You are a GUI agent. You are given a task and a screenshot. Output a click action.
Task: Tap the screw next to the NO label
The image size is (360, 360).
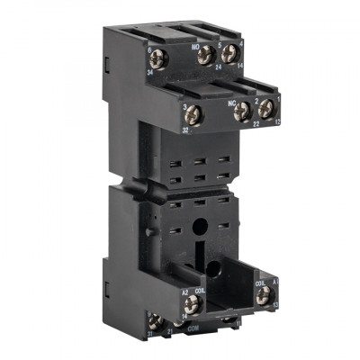(203, 56)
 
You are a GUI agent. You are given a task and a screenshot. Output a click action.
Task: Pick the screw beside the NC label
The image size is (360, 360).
(241, 112)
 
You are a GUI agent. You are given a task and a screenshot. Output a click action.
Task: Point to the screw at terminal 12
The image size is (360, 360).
(266, 108)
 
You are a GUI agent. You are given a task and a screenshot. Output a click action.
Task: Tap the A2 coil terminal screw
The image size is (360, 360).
(190, 304)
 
